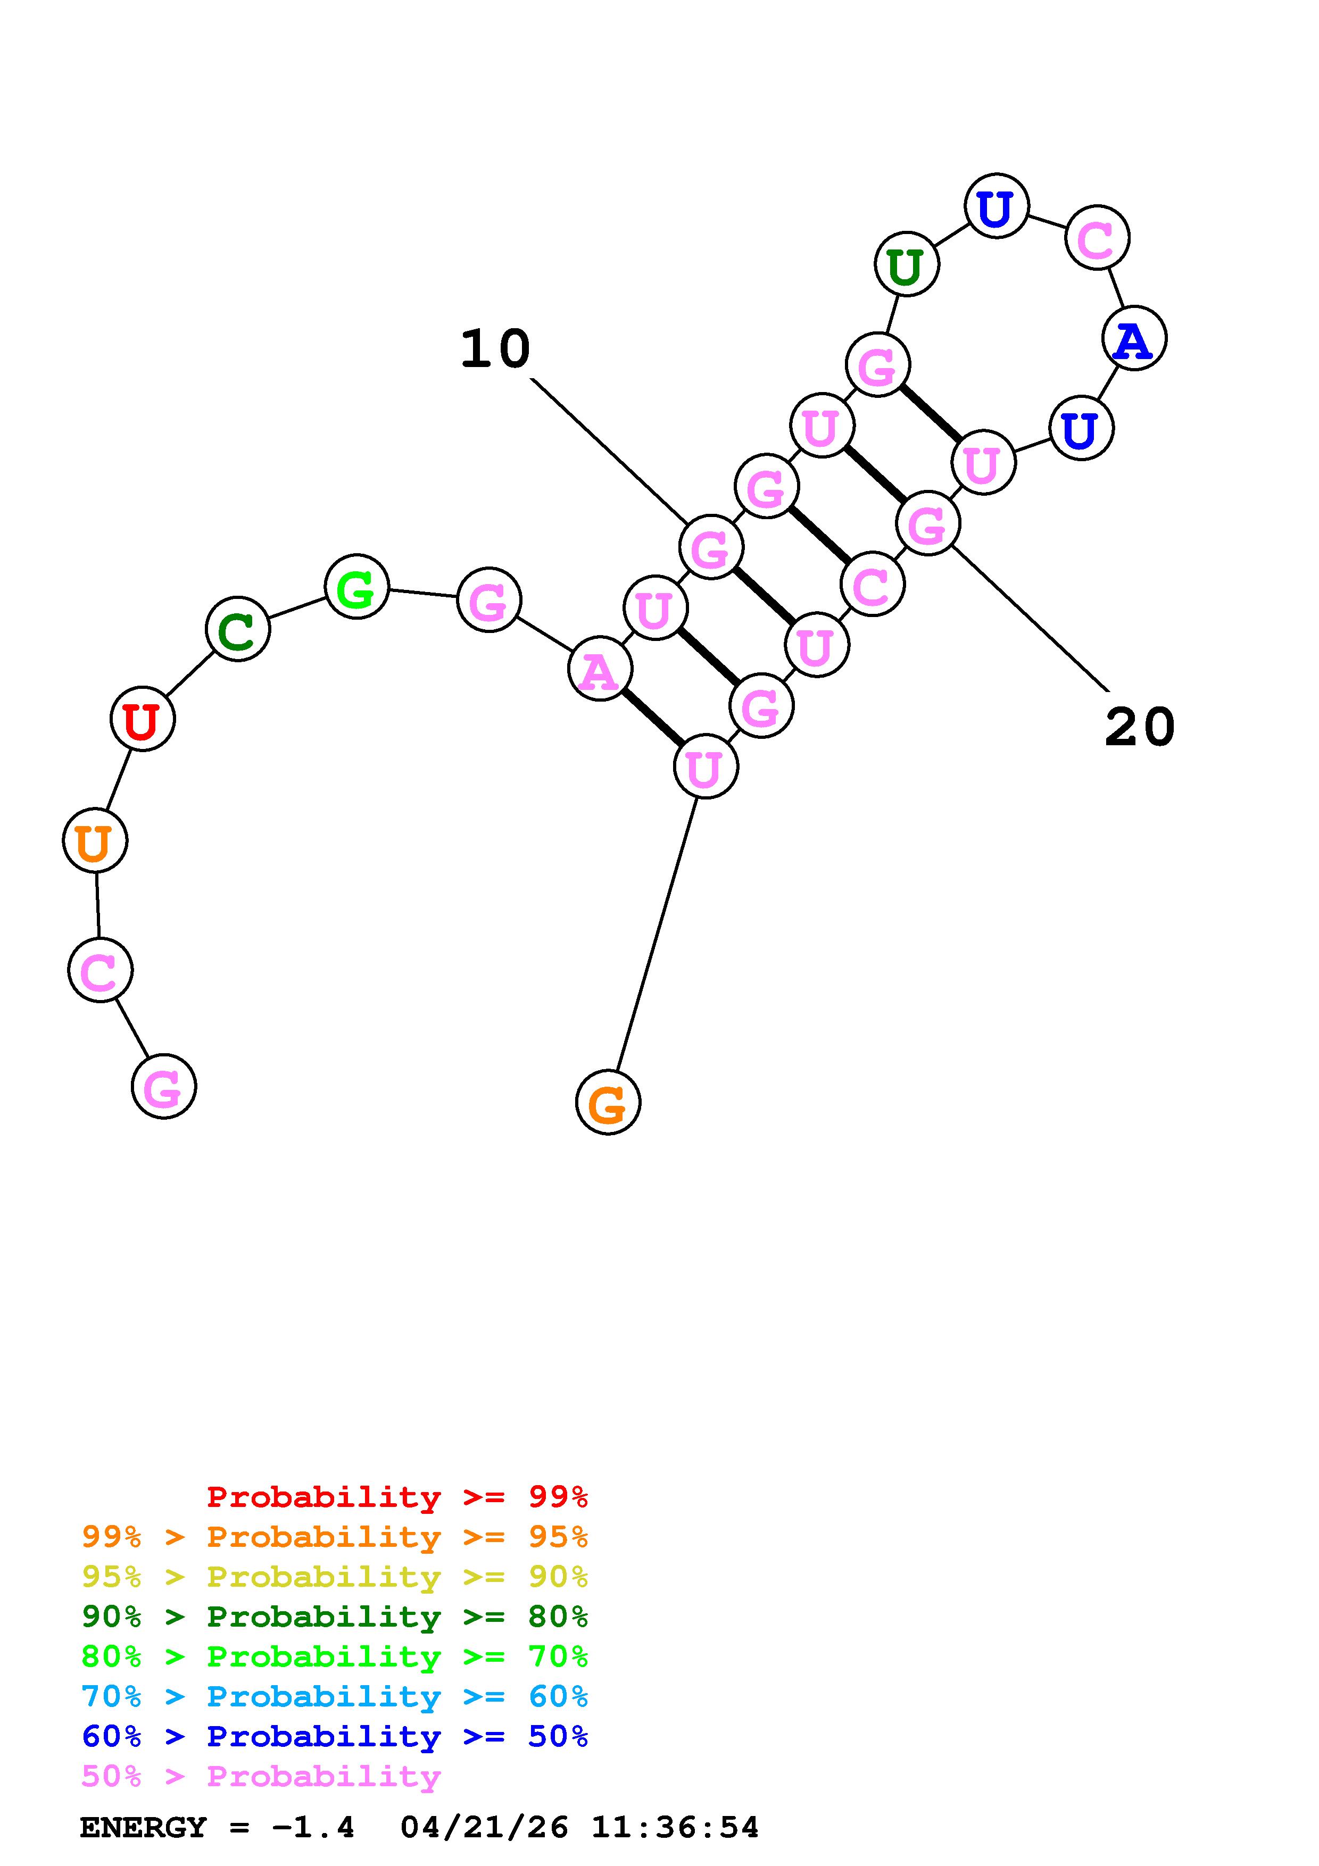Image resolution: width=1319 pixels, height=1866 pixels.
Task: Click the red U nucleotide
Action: pos(142,719)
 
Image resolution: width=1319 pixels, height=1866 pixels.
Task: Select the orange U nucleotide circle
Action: pos(95,840)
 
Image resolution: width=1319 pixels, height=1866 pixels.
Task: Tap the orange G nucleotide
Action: pos(608,1103)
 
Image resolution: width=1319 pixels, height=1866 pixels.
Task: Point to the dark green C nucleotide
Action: pos(237,629)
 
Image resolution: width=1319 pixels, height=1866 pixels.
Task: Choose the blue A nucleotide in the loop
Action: pos(1134,338)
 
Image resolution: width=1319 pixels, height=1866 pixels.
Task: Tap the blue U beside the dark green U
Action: pos(997,206)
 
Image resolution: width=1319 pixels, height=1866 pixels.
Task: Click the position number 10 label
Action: pos(495,349)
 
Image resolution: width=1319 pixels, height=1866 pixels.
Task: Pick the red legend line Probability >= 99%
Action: pos(396,1496)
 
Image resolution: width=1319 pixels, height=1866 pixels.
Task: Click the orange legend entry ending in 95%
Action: pos(335,1537)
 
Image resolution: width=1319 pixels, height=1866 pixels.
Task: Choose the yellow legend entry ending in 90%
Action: pos(335,1577)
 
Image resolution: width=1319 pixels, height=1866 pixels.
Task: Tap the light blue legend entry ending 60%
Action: pos(335,1696)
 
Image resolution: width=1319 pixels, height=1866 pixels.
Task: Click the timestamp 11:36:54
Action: pos(675,1827)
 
